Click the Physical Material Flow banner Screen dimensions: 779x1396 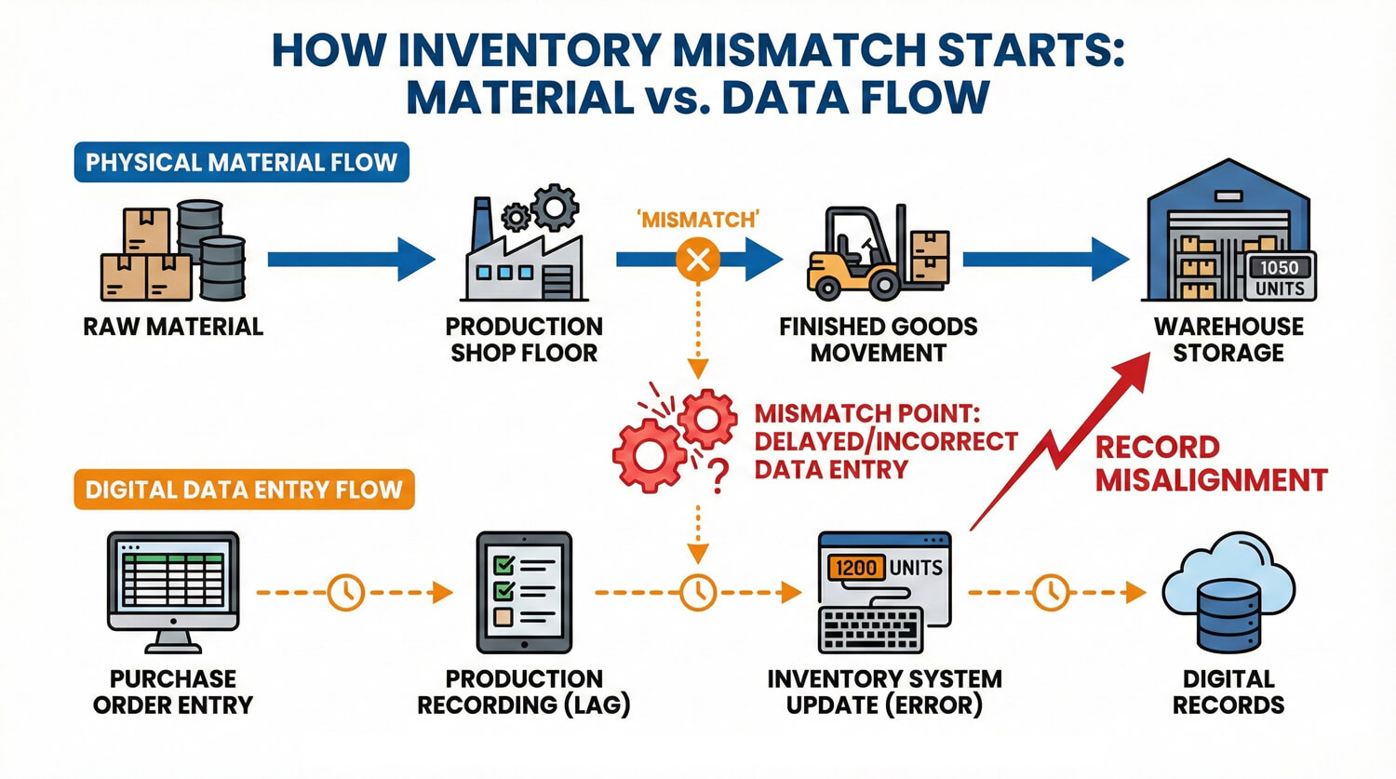click(241, 163)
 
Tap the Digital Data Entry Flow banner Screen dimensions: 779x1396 click(244, 490)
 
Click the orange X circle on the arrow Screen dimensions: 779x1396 click(698, 260)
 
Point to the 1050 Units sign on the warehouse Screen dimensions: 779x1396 click(1279, 276)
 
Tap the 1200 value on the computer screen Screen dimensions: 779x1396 click(854, 567)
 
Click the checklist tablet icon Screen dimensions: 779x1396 click(524, 592)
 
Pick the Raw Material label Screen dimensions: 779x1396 click(173, 327)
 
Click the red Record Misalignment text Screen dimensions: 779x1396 click(1210, 463)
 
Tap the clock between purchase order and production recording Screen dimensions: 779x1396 click(345, 592)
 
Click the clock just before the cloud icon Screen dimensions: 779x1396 click(1051, 592)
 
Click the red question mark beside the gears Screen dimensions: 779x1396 click(718, 477)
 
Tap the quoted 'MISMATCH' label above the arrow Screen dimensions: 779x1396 click(698, 220)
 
